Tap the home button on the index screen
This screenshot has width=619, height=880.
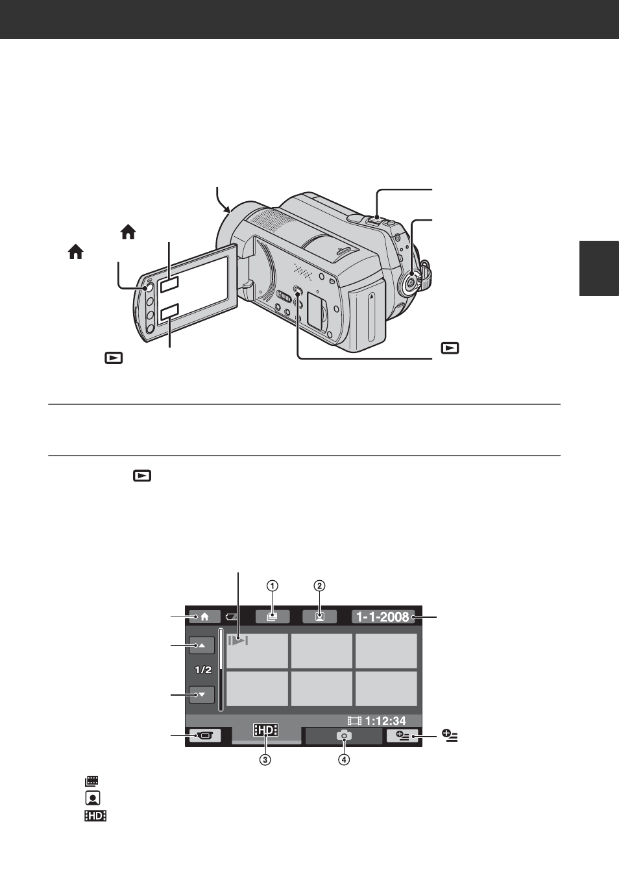point(204,617)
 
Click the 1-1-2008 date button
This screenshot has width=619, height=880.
point(383,617)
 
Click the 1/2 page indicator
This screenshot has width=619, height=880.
point(203,670)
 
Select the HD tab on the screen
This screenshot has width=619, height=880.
point(266,730)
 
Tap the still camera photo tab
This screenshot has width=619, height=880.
point(344,735)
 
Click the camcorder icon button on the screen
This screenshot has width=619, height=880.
point(205,735)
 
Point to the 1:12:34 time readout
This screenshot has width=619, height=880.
point(385,720)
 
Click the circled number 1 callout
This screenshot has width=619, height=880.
point(273,586)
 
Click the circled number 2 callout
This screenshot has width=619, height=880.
point(320,586)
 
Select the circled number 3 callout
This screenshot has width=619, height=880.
point(265,760)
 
